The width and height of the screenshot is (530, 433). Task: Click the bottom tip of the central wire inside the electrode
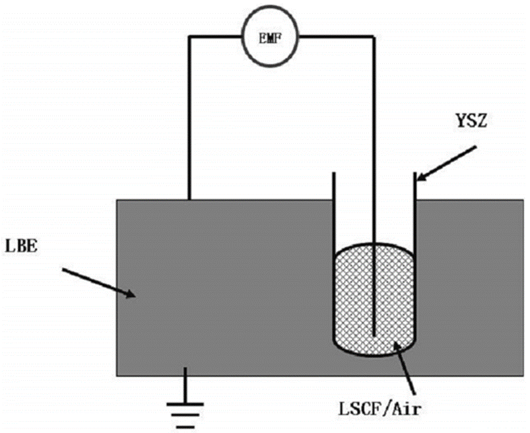pos(375,335)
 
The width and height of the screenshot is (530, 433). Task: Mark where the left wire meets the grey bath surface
pos(190,199)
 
